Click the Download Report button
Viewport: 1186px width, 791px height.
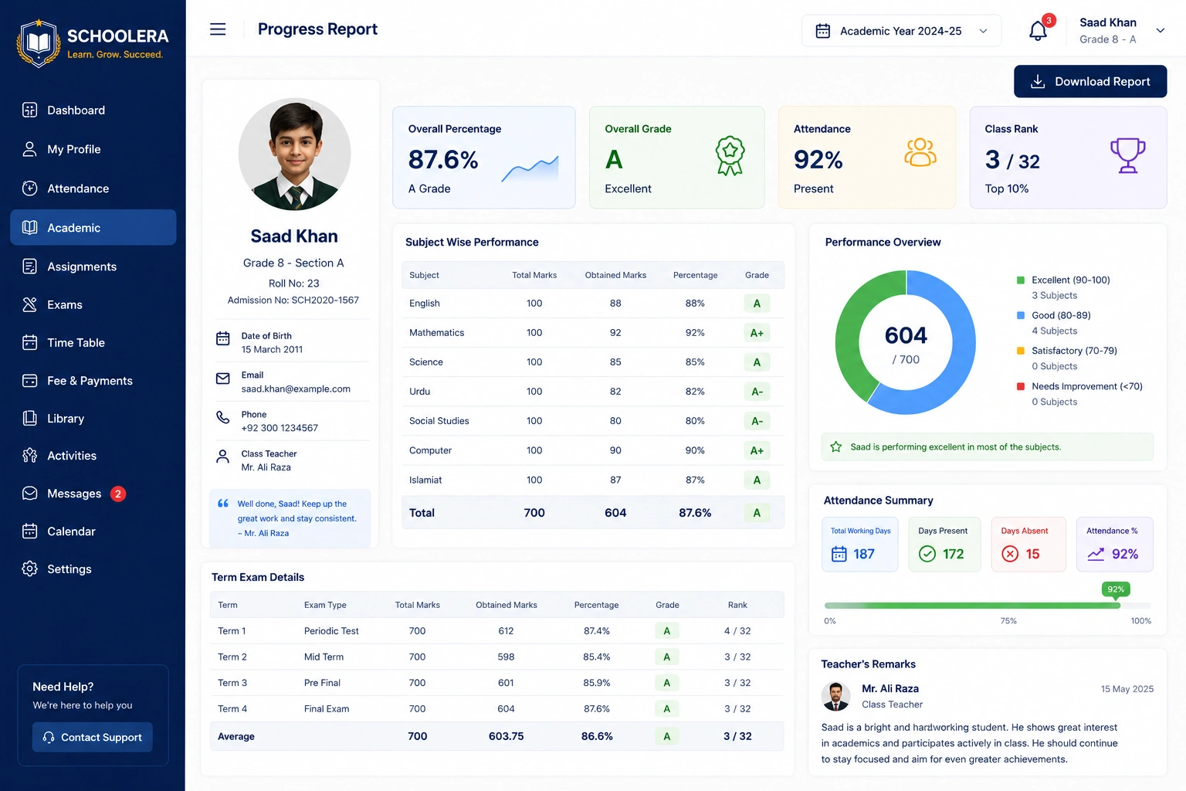(1089, 81)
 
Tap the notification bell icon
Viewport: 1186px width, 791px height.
(1038, 31)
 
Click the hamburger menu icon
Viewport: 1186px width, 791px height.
(218, 29)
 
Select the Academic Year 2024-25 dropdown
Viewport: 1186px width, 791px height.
(901, 31)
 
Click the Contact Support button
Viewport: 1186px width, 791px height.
(92, 737)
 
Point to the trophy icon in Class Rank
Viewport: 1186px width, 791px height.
(1128, 155)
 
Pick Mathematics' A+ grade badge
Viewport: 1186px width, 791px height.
(757, 333)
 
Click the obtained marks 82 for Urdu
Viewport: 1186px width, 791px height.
(615, 391)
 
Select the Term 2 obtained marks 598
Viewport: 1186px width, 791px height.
(506, 657)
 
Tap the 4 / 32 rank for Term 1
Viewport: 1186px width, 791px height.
(737, 630)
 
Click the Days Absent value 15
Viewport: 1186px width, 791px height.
(1032, 554)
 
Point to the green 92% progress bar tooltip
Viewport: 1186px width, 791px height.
(1116, 589)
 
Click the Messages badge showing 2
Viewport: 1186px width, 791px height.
(118, 494)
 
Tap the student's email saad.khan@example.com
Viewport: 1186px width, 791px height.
(296, 389)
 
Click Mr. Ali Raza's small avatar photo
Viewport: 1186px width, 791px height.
(835, 696)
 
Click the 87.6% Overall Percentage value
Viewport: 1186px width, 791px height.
(442, 159)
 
